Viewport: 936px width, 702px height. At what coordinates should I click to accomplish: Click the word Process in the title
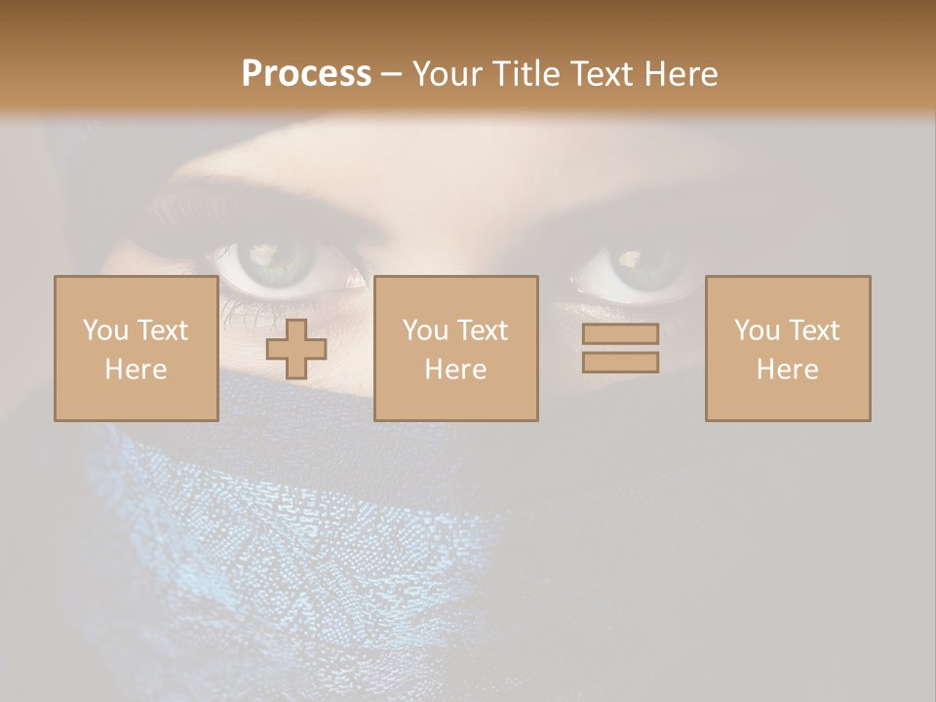tap(306, 74)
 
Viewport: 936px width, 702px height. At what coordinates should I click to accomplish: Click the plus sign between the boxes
tap(296, 349)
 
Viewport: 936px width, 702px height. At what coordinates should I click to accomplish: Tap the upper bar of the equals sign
tap(620, 333)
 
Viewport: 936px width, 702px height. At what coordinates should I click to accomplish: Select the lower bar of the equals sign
tap(620, 362)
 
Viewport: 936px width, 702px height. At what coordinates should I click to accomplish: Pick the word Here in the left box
tap(136, 370)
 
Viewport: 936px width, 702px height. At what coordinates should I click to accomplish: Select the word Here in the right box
tap(788, 370)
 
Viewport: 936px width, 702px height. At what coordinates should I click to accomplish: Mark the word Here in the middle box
tap(456, 370)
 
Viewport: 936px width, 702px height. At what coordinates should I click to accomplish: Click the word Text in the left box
tap(162, 331)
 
